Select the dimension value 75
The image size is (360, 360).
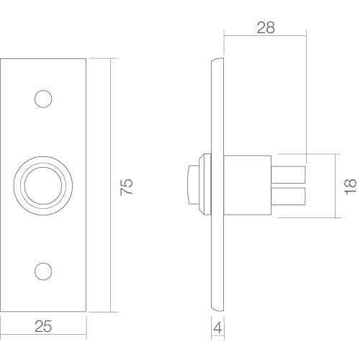click(127, 186)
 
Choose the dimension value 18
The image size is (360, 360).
click(351, 186)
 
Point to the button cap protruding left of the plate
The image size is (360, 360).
click(193, 185)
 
